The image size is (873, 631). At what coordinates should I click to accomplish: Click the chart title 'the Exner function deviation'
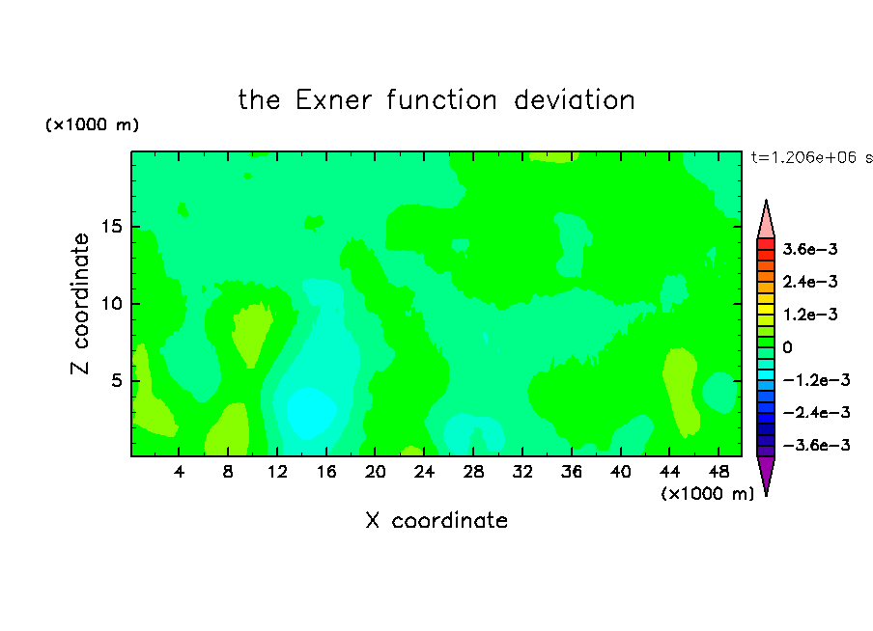click(436, 100)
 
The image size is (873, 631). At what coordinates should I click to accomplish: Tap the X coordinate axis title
click(436, 520)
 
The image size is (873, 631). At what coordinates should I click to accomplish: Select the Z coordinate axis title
click(80, 303)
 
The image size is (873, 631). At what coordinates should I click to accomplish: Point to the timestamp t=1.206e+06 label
click(811, 157)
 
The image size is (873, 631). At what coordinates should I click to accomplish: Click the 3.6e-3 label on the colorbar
click(810, 249)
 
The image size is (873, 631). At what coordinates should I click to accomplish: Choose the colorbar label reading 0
click(787, 347)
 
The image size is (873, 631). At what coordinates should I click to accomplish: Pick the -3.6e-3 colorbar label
click(816, 445)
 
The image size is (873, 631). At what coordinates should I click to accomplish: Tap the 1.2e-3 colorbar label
click(810, 315)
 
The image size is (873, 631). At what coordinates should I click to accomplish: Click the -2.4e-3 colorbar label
click(816, 412)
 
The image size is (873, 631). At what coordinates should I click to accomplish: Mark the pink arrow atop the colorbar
click(766, 220)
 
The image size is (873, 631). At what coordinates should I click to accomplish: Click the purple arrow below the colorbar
click(766, 474)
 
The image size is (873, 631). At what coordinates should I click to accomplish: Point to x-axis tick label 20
click(375, 472)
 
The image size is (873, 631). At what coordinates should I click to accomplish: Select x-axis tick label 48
click(718, 472)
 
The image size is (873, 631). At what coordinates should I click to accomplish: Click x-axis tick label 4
click(179, 472)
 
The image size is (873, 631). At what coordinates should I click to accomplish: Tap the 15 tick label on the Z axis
click(111, 227)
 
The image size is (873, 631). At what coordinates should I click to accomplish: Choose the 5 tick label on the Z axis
click(116, 380)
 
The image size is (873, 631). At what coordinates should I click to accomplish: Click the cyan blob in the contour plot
click(311, 412)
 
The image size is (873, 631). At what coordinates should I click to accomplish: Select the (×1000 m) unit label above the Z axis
click(92, 124)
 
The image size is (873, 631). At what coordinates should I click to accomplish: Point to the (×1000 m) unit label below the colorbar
click(707, 493)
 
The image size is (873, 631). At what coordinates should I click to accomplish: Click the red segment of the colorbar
click(766, 244)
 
